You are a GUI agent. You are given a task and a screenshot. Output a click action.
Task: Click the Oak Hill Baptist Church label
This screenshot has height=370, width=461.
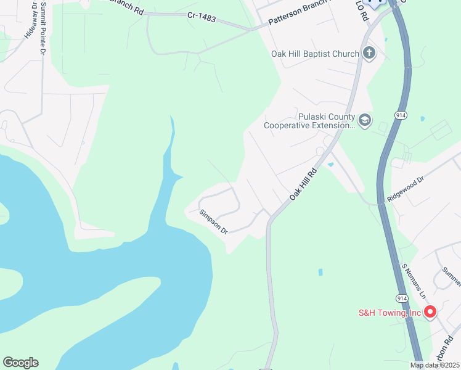click(x=315, y=54)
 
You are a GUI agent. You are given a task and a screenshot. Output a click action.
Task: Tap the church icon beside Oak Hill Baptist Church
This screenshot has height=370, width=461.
click(x=369, y=53)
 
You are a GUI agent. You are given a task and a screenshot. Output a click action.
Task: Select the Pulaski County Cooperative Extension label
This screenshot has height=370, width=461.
click(x=309, y=121)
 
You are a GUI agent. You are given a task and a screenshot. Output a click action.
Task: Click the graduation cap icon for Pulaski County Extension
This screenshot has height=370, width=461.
click(x=365, y=120)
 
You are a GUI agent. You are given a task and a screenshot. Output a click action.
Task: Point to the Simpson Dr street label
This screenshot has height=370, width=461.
click(x=214, y=221)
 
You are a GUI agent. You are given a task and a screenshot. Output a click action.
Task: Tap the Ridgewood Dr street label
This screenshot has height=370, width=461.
click(x=406, y=191)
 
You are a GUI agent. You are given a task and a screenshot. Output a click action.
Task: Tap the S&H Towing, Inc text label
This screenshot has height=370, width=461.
click(x=390, y=313)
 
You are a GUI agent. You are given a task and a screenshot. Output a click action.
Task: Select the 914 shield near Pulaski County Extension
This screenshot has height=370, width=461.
click(x=400, y=115)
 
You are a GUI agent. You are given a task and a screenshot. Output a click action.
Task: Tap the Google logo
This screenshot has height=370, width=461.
click(x=20, y=363)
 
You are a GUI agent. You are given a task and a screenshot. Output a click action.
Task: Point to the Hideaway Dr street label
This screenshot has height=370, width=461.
click(x=27, y=25)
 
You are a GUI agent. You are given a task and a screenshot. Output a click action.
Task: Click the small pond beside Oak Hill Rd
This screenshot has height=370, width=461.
click(x=331, y=165)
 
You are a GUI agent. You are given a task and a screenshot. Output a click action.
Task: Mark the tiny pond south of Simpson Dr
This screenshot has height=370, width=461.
click(x=320, y=271)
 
